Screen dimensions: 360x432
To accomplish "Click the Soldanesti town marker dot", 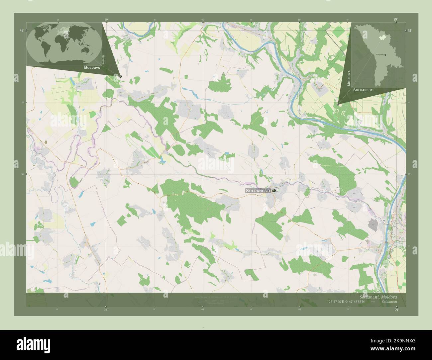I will pyautogui.click(x=274, y=191).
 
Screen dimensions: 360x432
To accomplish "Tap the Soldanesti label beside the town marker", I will pyautogui.click(x=258, y=191).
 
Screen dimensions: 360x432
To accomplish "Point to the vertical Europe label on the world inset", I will pyautogui.click(x=104, y=60).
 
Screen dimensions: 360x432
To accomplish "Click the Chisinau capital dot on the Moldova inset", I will pyautogui.click(x=385, y=55).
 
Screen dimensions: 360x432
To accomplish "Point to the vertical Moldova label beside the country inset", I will pyautogui.click(x=349, y=78).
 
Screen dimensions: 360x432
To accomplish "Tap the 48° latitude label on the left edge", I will pyautogui.click(x=21, y=30).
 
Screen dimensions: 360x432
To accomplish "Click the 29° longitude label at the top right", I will pyautogui.click(x=395, y=19).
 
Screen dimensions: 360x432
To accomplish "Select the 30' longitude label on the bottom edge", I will pyautogui.click(x=106, y=310).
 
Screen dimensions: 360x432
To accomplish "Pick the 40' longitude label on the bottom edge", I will pyautogui.click(x=203, y=310).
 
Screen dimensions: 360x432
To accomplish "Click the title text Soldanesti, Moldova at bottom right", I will pyautogui.click(x=378, y=296).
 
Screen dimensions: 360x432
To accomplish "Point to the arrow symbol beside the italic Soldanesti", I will pyautogui.click(x=373, y=302).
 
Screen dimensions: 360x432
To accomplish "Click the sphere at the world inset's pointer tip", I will pyautogui.click(x=120, y=76).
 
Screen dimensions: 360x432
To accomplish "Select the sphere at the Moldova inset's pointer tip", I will pyautogui.click(x=338, y=104).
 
